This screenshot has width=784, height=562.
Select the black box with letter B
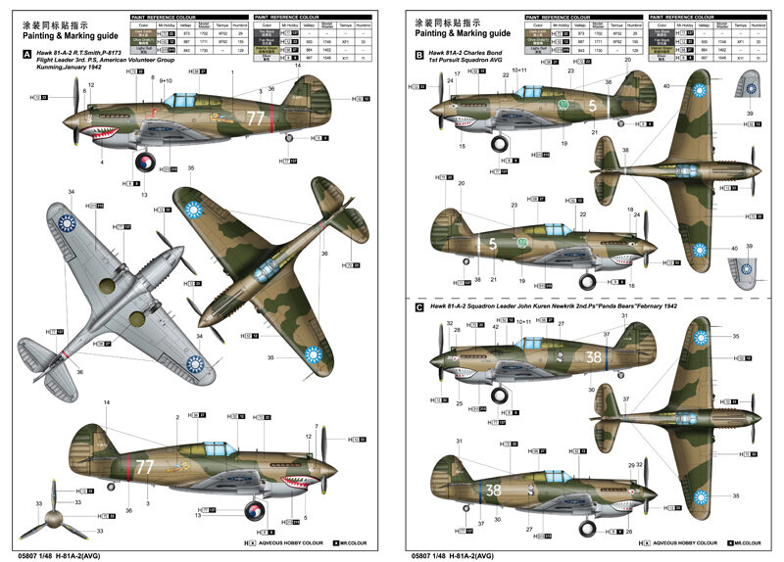419,56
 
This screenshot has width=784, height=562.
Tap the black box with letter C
419,306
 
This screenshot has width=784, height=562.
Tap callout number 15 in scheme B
462,146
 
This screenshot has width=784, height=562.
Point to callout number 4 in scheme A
101,163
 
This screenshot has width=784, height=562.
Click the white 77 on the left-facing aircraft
256,118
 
